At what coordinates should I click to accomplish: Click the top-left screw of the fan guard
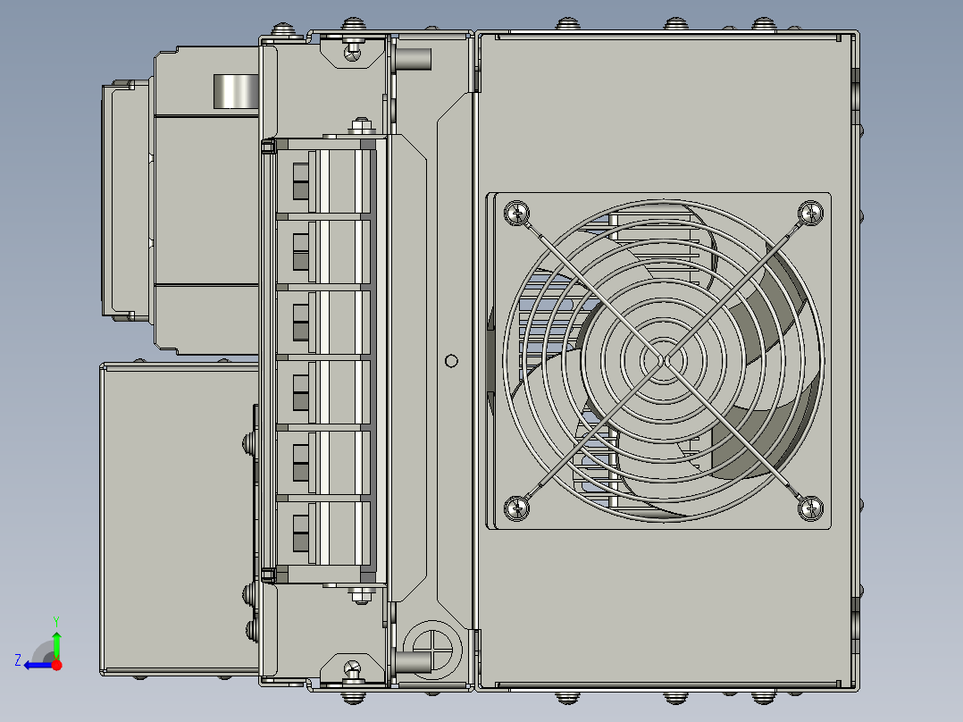tap(517, 213)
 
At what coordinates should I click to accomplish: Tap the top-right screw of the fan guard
tap(810, 213)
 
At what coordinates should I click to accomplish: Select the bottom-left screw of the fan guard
tap(517, 508)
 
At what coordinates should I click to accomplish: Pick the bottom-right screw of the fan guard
tap(810, 508)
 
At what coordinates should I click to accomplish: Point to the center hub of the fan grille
tap(664, 360)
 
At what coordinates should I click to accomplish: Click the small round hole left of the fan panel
tap(451, 361)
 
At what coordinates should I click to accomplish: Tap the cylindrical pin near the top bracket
tap(414, 60)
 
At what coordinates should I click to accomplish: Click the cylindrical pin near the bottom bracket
tap(414, 662)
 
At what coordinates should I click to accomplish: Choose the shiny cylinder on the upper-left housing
tap(235, 91)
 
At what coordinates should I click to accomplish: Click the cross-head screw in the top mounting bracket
tap(353, 54)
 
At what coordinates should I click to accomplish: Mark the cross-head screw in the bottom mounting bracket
tap(353, 667)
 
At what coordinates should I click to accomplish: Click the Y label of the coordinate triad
tap(55, 619)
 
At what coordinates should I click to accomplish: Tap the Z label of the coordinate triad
tap(18, 659)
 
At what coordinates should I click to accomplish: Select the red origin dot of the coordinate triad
tap(57, 665)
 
